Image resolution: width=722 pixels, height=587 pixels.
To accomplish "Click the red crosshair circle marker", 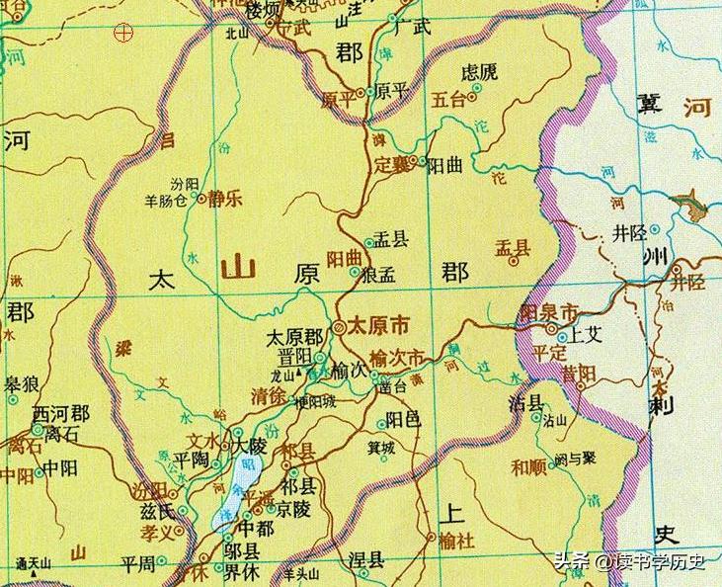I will [122, 33].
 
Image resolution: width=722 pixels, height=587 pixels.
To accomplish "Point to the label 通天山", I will [36, 564].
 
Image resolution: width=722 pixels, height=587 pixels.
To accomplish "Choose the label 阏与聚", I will [574, 458].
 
